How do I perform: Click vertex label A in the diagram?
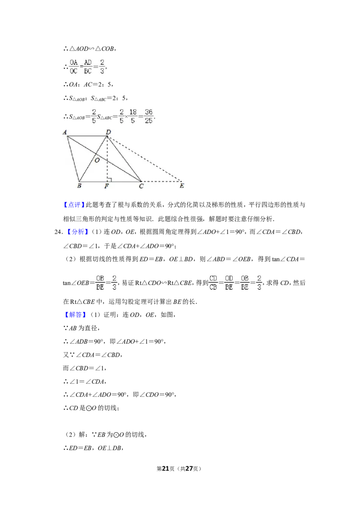point(65,132)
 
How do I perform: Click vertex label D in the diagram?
point(108,132)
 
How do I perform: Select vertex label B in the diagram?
point(79,186)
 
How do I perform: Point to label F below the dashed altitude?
point(107,186)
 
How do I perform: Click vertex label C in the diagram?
point(141,186)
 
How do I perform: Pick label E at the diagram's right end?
point(182,186)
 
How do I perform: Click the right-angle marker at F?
point(109,179)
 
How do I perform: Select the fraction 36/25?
point(149,115)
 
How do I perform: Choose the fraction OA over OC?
point(73,67)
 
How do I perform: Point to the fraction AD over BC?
point(88,67)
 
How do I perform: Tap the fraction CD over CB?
point(213,283)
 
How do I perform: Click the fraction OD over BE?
point(229,283)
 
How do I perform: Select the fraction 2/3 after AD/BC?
point(103,67)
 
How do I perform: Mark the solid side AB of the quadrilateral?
point(73,159)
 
